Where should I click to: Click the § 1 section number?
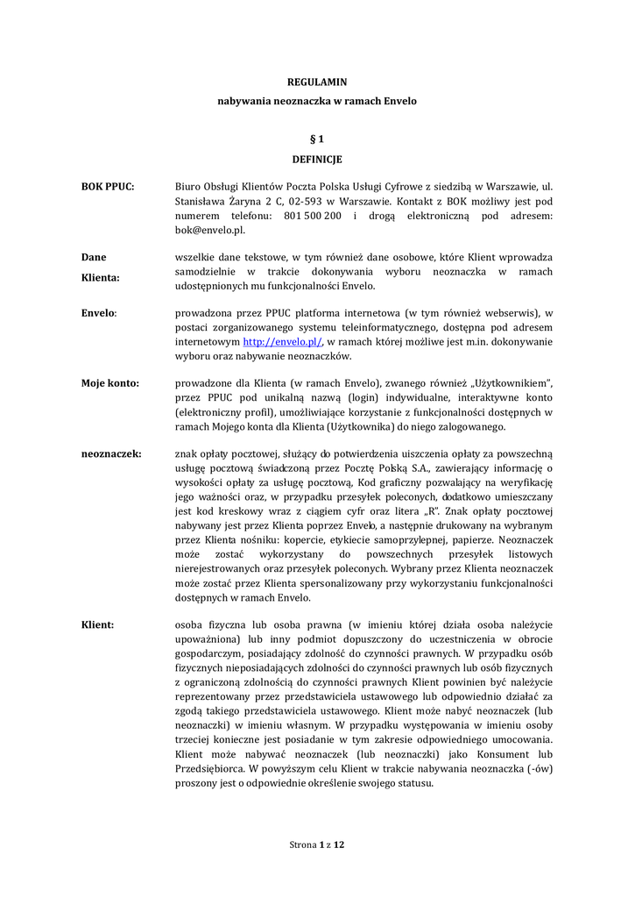[317, 139]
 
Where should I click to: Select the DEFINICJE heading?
[317, 160]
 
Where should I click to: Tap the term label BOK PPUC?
[108, 187]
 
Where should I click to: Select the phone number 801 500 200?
[313, 216]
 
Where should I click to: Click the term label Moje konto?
[110, 383]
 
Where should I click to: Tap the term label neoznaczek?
[111, 453]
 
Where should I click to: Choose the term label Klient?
[98, 624]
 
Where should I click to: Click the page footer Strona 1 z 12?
[317, 844]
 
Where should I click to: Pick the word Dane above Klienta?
[94, 257]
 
